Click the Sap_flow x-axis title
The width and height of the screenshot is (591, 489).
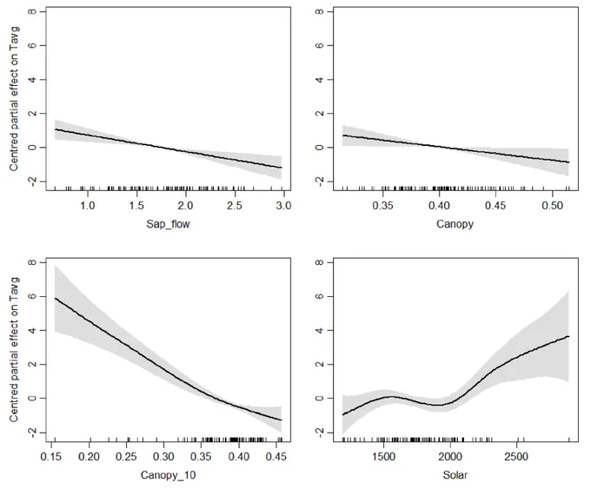(x=168, y=225)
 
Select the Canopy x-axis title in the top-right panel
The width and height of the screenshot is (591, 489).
(x=455, y=225)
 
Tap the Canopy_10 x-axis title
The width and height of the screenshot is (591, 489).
(x=168, y=475)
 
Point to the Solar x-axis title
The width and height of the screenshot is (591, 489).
(x=455, y=475)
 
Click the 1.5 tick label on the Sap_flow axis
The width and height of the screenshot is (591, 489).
(x=136, y=206)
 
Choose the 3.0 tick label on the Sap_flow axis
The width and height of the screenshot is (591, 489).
(x=283, y=206)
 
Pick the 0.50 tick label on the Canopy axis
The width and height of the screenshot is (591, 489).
(x=552, y=206)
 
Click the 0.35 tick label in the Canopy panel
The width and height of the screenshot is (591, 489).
(x=382, y=206)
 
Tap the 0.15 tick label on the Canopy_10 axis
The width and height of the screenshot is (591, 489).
(x=51, y=457)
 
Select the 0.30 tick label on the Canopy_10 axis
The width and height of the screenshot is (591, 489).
(x=163, y=457)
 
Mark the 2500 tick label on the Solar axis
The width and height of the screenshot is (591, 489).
(x=517, y=457)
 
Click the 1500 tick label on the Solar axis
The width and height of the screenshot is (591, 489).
(x=383, y=457)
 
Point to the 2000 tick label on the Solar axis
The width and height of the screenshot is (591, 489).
(x=450, y=457)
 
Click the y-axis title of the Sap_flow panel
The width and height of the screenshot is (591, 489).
(x=14, y=99)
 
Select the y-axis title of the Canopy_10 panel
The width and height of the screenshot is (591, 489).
(x=14, y=350)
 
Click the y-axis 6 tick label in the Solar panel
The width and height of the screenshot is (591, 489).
(x=320, y=296)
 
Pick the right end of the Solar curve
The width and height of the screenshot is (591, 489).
(x=568, y=336)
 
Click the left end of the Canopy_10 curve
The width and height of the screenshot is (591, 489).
(x=56, y=299)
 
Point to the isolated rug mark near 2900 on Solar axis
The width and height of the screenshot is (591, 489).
(x=568, y=439)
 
